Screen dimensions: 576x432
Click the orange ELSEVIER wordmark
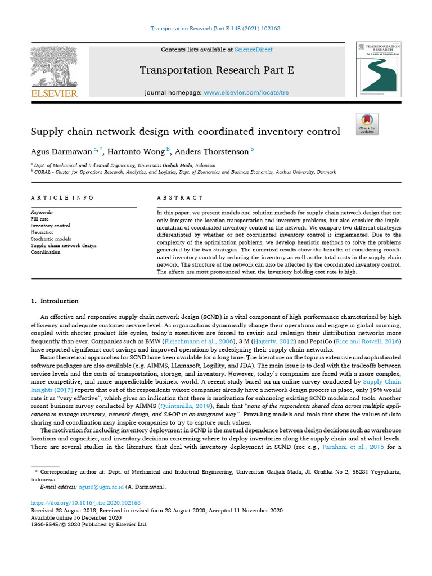coord(54,93)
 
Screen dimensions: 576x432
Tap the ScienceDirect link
coord(254,50)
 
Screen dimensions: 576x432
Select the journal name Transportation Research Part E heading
coord(216,70)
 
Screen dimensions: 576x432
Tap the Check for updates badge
coord(367,124)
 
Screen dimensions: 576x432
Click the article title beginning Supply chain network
coord(185,132)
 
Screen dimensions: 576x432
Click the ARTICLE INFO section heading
coord(62,198)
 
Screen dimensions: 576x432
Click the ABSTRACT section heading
coord(180,198)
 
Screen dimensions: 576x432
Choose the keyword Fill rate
coord(39,219)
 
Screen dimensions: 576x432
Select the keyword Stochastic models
coord(51,239)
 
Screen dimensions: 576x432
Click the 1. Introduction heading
coord(55,301)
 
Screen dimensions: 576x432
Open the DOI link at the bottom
coord(85,502)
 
